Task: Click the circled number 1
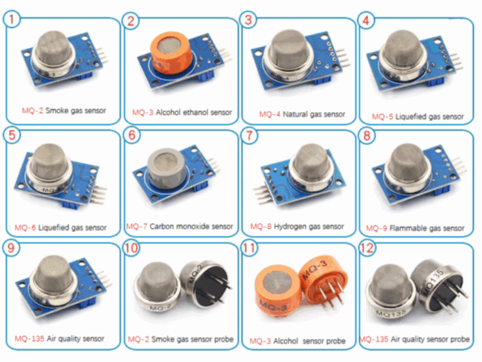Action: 12,19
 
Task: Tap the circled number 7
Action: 249,136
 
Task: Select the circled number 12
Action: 367,248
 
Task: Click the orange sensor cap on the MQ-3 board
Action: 171,53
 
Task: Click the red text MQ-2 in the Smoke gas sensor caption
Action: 32,111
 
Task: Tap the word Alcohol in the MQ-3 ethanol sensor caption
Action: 168,112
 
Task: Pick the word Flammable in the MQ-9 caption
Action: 407,228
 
